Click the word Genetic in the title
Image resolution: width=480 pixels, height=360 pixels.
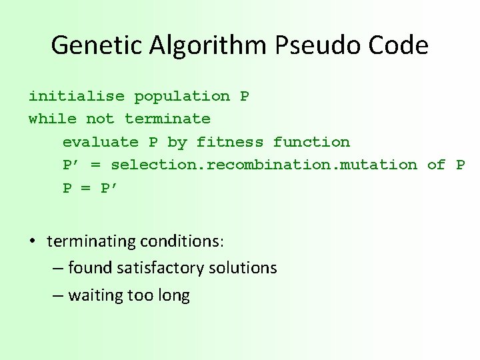click(94, 45)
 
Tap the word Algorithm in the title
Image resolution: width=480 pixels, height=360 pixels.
click(209, 45)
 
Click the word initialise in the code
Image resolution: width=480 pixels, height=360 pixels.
click(76, 96)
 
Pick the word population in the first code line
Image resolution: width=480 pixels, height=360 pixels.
click(182, 96)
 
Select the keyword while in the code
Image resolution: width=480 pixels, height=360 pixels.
click(52, 119)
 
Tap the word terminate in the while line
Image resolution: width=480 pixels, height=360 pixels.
click(167, 119)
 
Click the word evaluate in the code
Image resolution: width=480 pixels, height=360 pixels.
click(101, 142)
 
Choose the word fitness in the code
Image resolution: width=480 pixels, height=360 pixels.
click(230, 142)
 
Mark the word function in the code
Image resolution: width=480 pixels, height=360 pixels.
click(311, 142)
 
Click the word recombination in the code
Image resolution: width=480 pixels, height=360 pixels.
click(273, 165)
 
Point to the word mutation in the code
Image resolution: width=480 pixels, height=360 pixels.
click(378, 165)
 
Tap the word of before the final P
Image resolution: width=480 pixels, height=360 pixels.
click(436, 165)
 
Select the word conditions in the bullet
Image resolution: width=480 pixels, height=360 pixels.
click(181, 241)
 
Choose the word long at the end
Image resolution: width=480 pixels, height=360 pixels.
click(172, 296)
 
